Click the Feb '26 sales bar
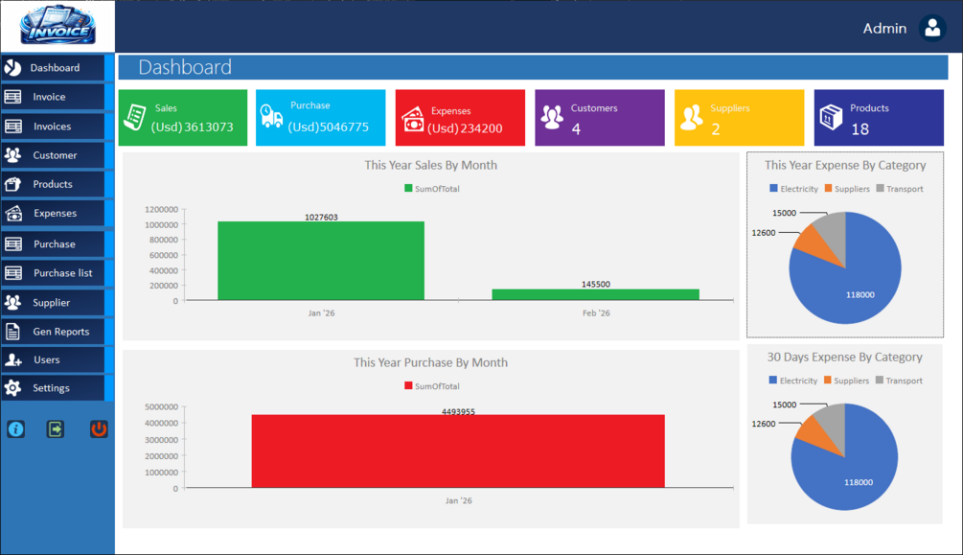click(595, 294)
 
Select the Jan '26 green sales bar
click(320, 261)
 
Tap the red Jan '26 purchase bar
click(458, 451)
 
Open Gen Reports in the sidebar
click(60, 332)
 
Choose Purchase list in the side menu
click(62, 273)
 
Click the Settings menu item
click(51, 388)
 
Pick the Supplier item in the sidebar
click(51, 303)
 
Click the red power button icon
click(99, 429)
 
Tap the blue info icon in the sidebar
click(16, 429)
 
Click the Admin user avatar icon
click(932, 28)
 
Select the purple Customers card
click(600, 118)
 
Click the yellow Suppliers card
click(739, 118)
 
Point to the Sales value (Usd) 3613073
click(192, 127)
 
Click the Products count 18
click(860, 128)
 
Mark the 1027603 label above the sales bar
click(321, 218)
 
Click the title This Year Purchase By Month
click(430, 362)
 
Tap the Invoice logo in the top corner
click(57, 26)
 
